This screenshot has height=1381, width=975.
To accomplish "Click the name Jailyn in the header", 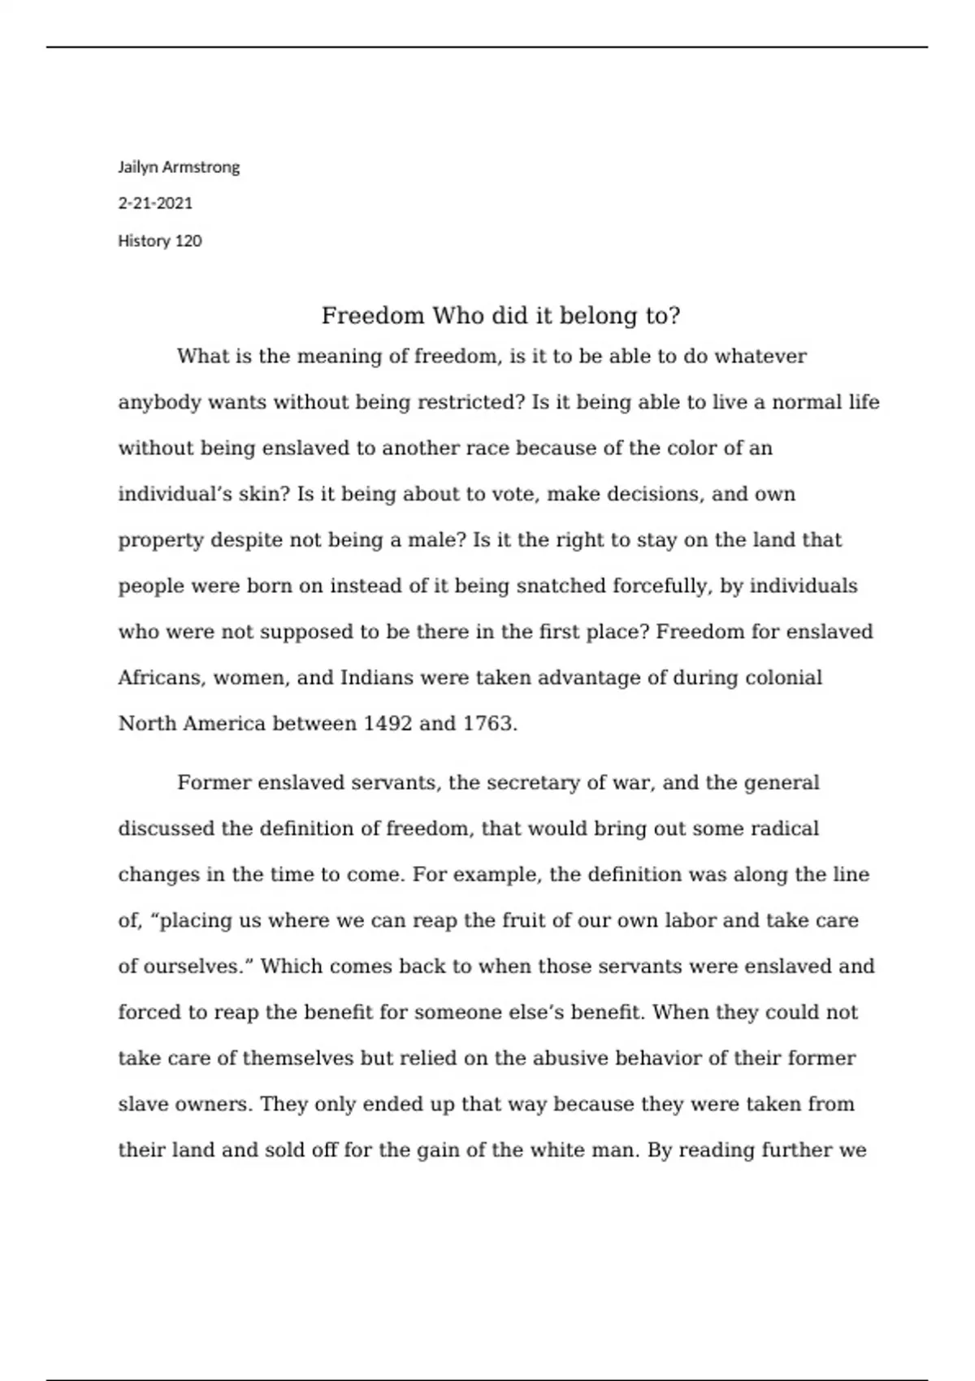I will coord(138,167).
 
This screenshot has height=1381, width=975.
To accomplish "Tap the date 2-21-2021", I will coord(155,203).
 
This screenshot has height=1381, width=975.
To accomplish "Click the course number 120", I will coord(188,240).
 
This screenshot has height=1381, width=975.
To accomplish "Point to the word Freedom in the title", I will coord(373,315).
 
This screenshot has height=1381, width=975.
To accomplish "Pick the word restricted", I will coord(470,402).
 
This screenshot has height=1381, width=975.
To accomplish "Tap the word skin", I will coord(258,494).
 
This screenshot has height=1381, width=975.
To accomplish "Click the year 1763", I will coord(489,723).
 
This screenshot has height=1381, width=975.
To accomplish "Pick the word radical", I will coord(784,829).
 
